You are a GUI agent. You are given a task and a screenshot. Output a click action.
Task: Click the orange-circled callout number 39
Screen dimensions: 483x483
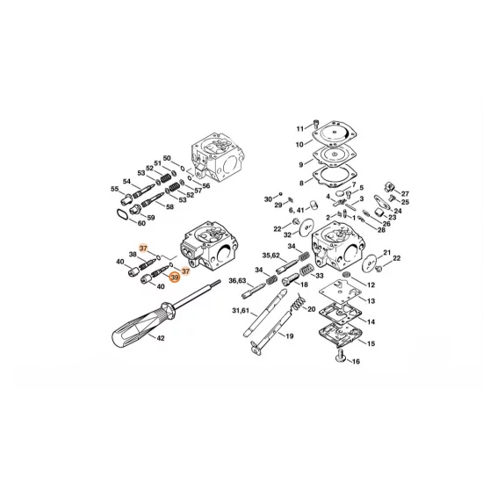175,277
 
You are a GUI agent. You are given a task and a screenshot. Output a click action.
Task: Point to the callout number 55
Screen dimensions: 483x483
114,189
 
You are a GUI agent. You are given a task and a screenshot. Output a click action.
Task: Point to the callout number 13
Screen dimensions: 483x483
371,301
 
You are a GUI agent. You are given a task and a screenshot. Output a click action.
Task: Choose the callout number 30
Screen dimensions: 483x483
269,199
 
